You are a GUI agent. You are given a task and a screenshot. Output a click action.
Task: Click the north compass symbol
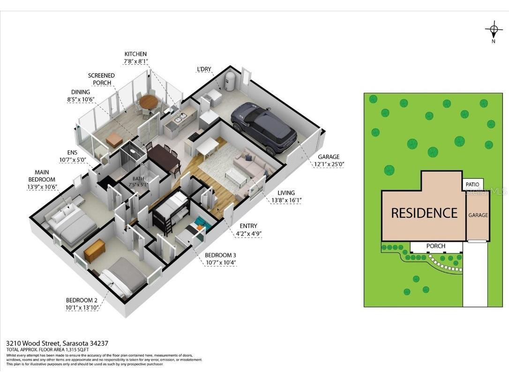[493, 31]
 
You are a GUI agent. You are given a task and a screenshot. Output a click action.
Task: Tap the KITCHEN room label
[135, 54]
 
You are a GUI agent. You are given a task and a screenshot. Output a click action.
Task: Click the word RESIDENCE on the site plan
[424, 213]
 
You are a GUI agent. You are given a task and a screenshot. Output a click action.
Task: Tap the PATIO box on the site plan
[472, 185]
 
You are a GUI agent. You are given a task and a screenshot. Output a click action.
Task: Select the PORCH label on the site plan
[435, 246]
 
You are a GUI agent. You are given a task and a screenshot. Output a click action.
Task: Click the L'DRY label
[204, 69]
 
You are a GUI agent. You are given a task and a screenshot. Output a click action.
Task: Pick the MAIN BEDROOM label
[42, 176]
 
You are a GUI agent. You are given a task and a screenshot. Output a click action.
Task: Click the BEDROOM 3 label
[220, 255]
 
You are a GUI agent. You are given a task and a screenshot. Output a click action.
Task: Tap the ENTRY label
[248, 226]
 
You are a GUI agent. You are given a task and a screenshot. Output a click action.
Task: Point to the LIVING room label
[286, 193]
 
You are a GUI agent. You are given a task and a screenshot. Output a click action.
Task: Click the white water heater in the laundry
[230, 81]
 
